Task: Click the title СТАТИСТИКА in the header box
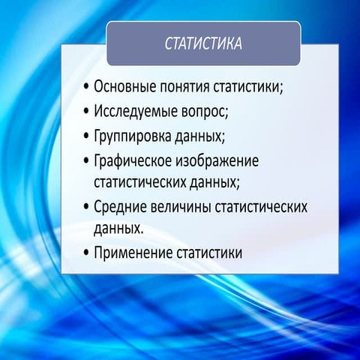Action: coord(203,43)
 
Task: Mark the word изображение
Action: coord(214,162)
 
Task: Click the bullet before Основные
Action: coord(87,85)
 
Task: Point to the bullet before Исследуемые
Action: coord(87,111)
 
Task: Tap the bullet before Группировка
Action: coord(87,136)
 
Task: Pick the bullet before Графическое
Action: coord(87,162)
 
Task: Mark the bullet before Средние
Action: coord(87,205)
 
